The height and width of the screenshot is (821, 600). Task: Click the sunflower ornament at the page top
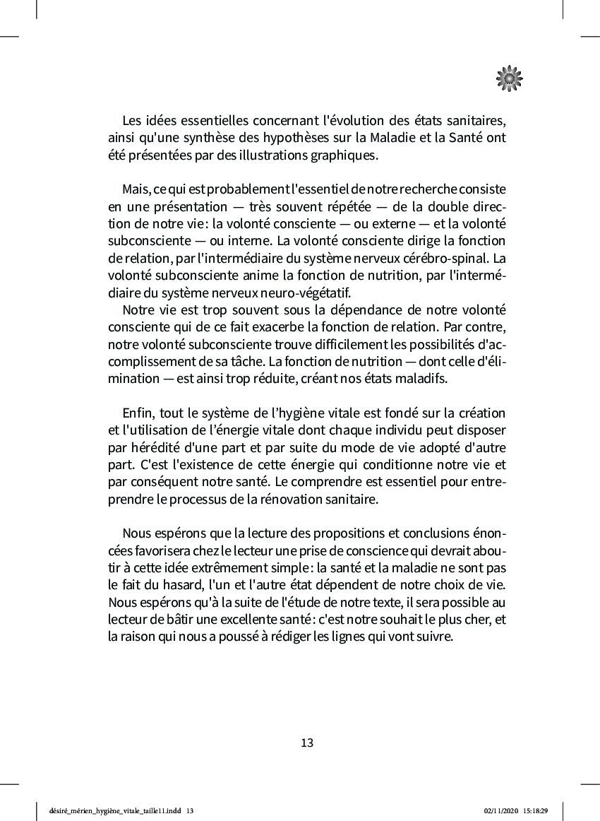[509, 78]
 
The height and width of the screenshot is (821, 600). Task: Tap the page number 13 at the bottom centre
[307, 743]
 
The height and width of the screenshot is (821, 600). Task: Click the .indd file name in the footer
[113, 811]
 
